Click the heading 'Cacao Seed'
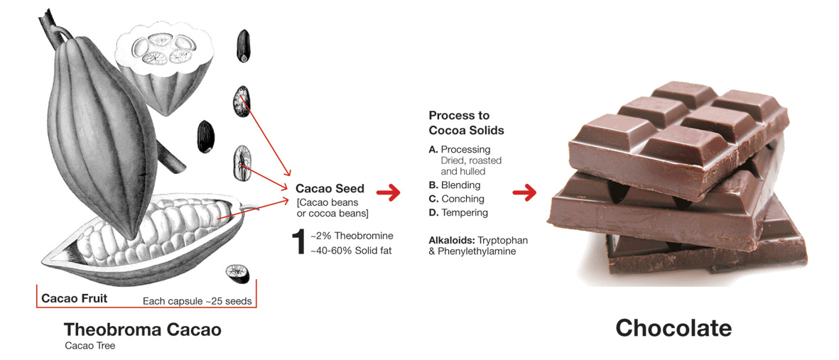pyautogui.click(x=330, y=189)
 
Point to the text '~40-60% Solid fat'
pyautogui.click(x=352, y=250)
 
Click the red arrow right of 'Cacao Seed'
pyautogui.click(x=388, y=192)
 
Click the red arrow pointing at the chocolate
pyautogui.click(x=524, y=192)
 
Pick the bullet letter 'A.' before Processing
pyautogui.click(x=433, y=150)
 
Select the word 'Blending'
pyautogui.click(x=460, y=185)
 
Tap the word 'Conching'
pyautogui.click(x=462, y=199)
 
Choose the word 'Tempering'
pyautogui.click(x=465, y=213)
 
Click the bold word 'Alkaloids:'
pyautogui.click(x=452, y=240)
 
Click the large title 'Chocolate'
pyautogui.click(x=673, y=327)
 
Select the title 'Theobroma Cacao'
pyautogui.click(x=142, y=329)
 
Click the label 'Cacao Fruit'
pyautogui.click(x=75, y=298)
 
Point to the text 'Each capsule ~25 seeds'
pyautogui.click(x=197, y=300)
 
